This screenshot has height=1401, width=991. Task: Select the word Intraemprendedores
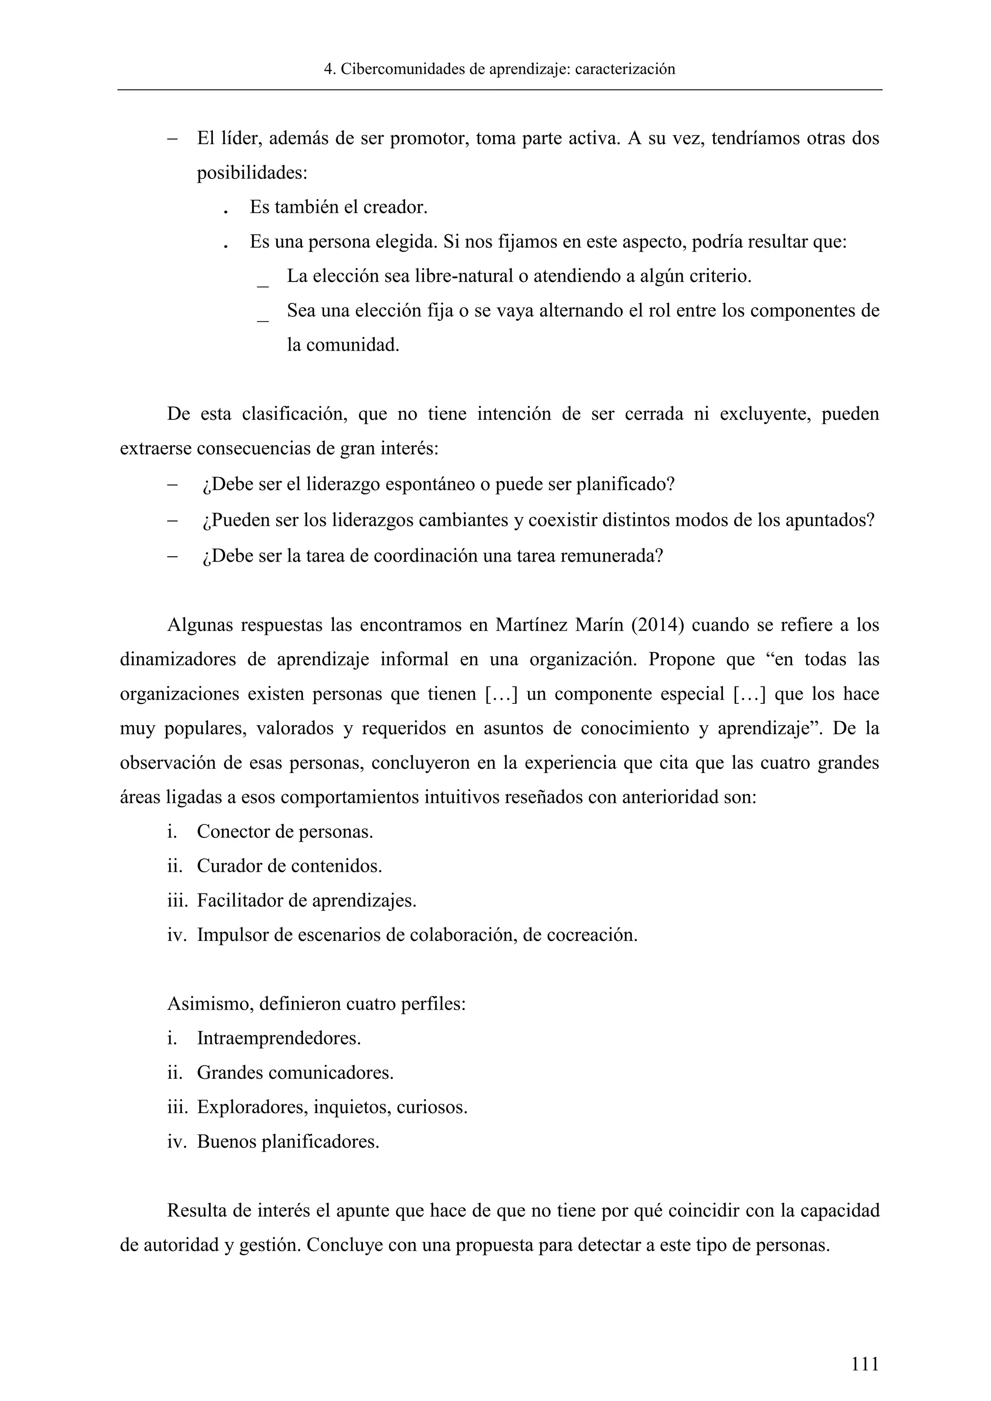pos(278,1038)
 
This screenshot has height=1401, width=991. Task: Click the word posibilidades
pos(252,173)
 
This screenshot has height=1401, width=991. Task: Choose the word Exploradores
pos(252,1107)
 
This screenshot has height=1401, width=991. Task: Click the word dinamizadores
pos(178,659)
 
